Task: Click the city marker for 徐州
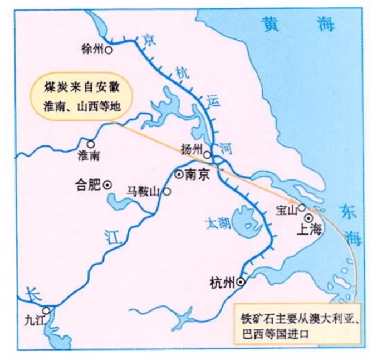[109, 50]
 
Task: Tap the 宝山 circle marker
[301, 207]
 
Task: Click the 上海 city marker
[309, 217]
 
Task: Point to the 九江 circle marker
[46, 310]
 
